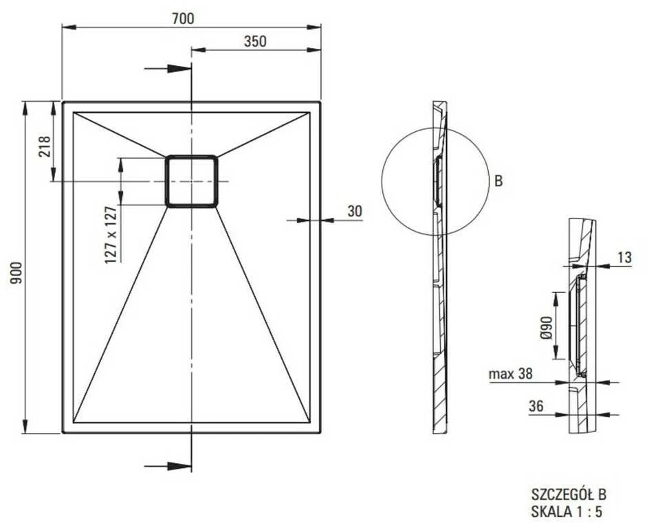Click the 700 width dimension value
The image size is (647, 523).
point(183,19)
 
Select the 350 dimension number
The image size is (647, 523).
point(255,41)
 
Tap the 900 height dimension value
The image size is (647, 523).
point(16,273)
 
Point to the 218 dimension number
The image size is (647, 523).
point(44,146)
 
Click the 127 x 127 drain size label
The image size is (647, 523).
point(110,234)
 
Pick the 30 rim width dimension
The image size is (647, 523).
point(355,211)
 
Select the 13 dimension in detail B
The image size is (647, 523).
point(625,257)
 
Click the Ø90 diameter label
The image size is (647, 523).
point(547,327)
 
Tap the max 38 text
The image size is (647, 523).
point(510,374)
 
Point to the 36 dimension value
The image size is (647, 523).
point(536,406)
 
